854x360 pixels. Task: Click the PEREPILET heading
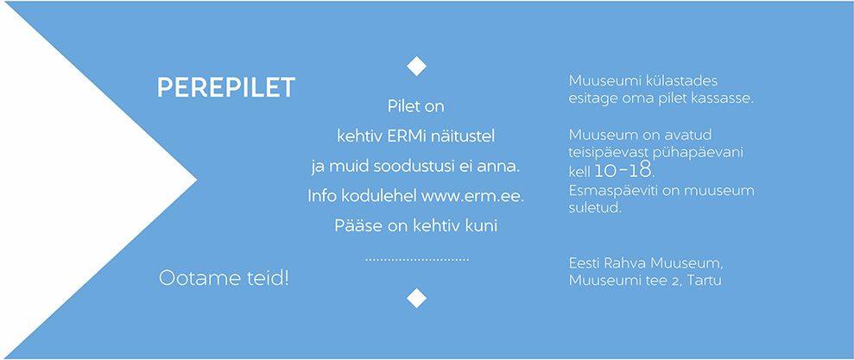pyautogui.click(x=226, y=88)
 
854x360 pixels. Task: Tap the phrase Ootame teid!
pyautogui.click(x=224, y=278)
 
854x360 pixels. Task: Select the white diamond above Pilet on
pyautogui.click(x=417, y=66)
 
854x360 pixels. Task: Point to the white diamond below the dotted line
pyautogui.click(x=417, y=298)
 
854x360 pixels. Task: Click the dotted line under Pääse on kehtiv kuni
pyautogui.click(x=417, y=261)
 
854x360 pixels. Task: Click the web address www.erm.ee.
pyautogui.click(x=472, y=196)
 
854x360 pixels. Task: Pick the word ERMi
pyautogui.click(x=400, y=136)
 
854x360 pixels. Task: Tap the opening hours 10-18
pyautogui.click(x=623, y=171)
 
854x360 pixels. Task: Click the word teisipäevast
pyautogui.click(x=603, y=153)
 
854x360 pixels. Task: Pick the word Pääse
pyautogui.click(x=351, y=225)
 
